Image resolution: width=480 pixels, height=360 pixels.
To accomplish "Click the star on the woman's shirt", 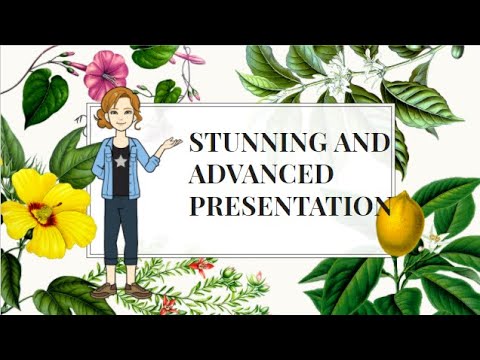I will pyautogui.click(x=121, y=160).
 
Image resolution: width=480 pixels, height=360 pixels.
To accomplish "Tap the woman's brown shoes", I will pyautogui.click(x=118, y=291).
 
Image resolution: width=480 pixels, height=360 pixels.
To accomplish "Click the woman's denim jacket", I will pyautogui.click(x=105, y=165).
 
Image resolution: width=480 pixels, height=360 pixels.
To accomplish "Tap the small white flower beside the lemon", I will pyautogui.click(x=436, y=240).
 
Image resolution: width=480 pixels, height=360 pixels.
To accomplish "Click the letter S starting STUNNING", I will pyautogui.click(x=197, y=143).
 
